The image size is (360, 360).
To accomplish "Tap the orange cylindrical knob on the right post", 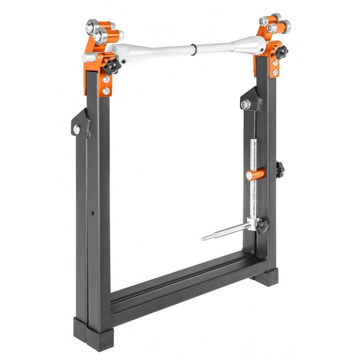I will (251, 175).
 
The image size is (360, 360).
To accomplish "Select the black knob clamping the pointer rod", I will (262, 225).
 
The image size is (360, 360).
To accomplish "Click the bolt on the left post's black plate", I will (75, 129).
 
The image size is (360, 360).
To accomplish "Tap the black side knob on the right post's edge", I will (280, 166).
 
